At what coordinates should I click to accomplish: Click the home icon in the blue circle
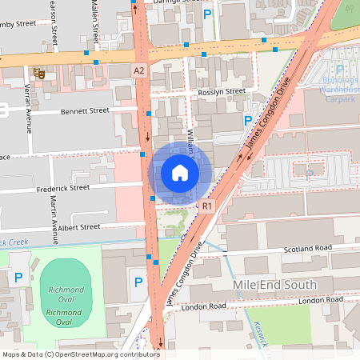[x=180, y=172]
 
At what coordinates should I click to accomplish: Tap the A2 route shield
[x=139, y=71]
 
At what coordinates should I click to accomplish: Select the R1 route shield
[x=207, y=206]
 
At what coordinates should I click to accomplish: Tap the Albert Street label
[x=78, y=227]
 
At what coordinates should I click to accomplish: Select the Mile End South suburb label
[x=274, y=284]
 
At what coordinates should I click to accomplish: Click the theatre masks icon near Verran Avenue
[x=37, y=73]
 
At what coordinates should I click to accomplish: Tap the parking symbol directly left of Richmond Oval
[x=18, y=278]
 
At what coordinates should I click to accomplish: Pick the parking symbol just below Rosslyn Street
[x=248, y=121]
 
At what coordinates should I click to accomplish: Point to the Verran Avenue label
[x=27, y=108]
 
